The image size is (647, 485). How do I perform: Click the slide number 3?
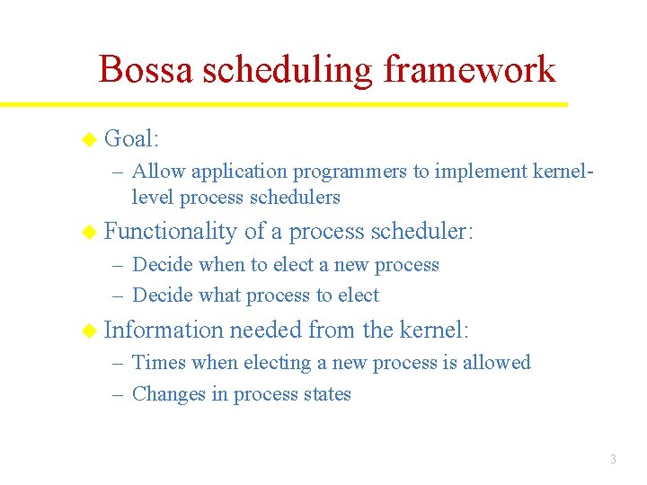coord(613,460)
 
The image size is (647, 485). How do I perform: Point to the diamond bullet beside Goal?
coord(88,138)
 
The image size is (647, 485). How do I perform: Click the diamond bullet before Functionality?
coord(88,232)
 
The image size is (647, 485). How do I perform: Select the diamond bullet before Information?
coord(88,331)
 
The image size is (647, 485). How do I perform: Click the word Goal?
coord(131,138)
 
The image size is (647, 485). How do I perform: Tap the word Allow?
coord(157,171)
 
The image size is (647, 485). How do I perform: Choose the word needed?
coord(266,331)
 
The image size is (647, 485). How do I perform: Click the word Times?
coord(156,363)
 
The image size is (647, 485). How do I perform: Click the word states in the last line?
coord(326,394)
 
